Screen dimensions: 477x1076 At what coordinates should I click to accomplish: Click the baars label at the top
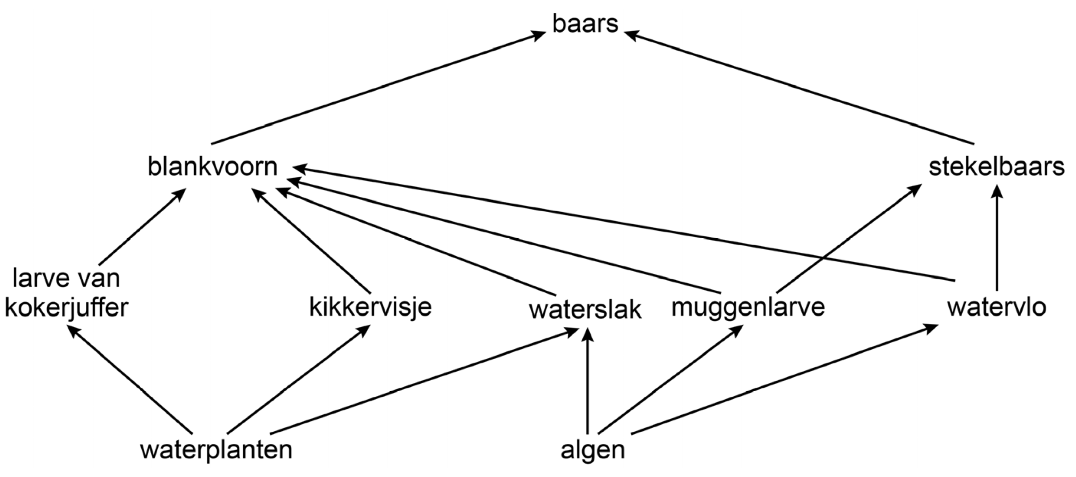pos(585,24)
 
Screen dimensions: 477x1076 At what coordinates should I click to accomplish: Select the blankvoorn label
pos(212,167)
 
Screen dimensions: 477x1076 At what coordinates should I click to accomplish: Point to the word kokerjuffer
pos(66,308)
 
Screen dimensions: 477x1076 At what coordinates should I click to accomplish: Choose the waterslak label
pos(585,310)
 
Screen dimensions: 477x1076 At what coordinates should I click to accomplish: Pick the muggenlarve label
pos(748,307)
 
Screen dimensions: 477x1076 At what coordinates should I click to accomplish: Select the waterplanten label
pos(216,450)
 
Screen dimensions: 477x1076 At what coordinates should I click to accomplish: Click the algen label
pos(593,450)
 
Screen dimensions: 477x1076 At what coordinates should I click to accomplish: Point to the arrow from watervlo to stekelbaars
pos(998,240)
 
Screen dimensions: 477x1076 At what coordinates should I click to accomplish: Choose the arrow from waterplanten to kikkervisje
pos(298,379)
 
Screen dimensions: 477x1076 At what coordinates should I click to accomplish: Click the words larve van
pos(66,278)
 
